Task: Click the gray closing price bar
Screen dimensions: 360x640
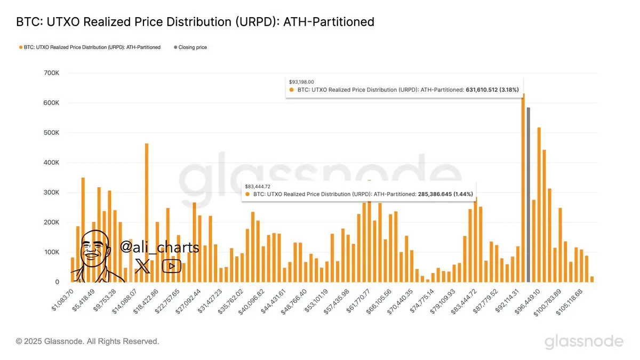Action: pos(528,195)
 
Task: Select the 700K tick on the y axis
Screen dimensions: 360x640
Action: pos(52,73)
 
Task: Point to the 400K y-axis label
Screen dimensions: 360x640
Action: pos(52,163)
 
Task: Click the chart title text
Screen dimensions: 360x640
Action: pos(195,22)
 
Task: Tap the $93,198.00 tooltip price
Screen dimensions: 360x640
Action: pos(301,82)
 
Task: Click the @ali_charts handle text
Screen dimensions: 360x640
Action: pos(159,247)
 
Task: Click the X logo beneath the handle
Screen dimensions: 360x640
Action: pos(143,266)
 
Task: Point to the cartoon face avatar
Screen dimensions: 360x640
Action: pos(96,253)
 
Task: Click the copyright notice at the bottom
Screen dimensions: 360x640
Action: pos(87,341)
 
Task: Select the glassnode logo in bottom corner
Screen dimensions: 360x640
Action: pos(583,341)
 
